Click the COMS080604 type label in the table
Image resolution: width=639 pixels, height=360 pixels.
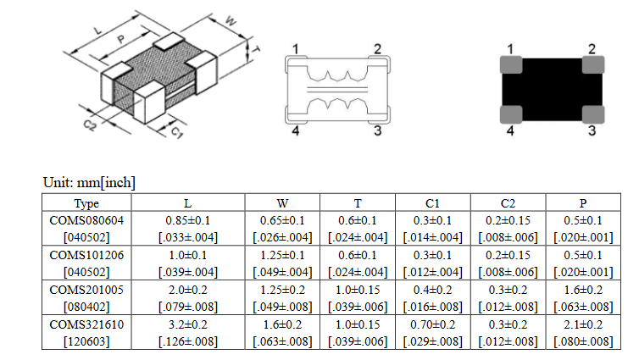coord(86,220)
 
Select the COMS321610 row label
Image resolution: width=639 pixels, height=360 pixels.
coord(86,324)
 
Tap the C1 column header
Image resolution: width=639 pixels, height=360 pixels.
coord(432,202)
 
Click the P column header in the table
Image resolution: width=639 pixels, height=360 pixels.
coord(583,202)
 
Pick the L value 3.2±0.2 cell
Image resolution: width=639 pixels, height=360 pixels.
coord(188,324)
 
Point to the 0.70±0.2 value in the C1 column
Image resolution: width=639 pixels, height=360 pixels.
coord(432,324)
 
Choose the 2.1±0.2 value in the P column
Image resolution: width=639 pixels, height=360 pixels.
coord(583,324)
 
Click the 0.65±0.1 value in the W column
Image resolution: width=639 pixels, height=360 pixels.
coord(282,220)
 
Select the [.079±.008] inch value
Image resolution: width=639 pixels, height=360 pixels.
coord(188,307)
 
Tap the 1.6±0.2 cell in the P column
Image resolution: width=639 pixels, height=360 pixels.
coord(583,290)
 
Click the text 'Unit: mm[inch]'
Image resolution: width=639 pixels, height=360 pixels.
coord(89,182)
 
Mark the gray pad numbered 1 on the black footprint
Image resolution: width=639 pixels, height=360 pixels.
coord(511,65)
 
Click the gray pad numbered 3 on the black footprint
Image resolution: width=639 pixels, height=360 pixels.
coord(593,114)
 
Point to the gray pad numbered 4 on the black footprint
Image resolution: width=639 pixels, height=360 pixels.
coord(511,114)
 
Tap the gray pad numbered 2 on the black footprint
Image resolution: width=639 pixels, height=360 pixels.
coord(593,65)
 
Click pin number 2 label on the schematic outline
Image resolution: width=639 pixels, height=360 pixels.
coord(378,49)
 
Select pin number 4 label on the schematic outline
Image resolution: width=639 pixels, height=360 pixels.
coord(296,130)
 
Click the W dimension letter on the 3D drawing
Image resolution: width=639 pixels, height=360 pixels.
coord(231,21)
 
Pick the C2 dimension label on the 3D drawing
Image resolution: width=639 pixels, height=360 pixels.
coord(90,125)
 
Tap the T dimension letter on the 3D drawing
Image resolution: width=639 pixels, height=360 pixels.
coord(256,49)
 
